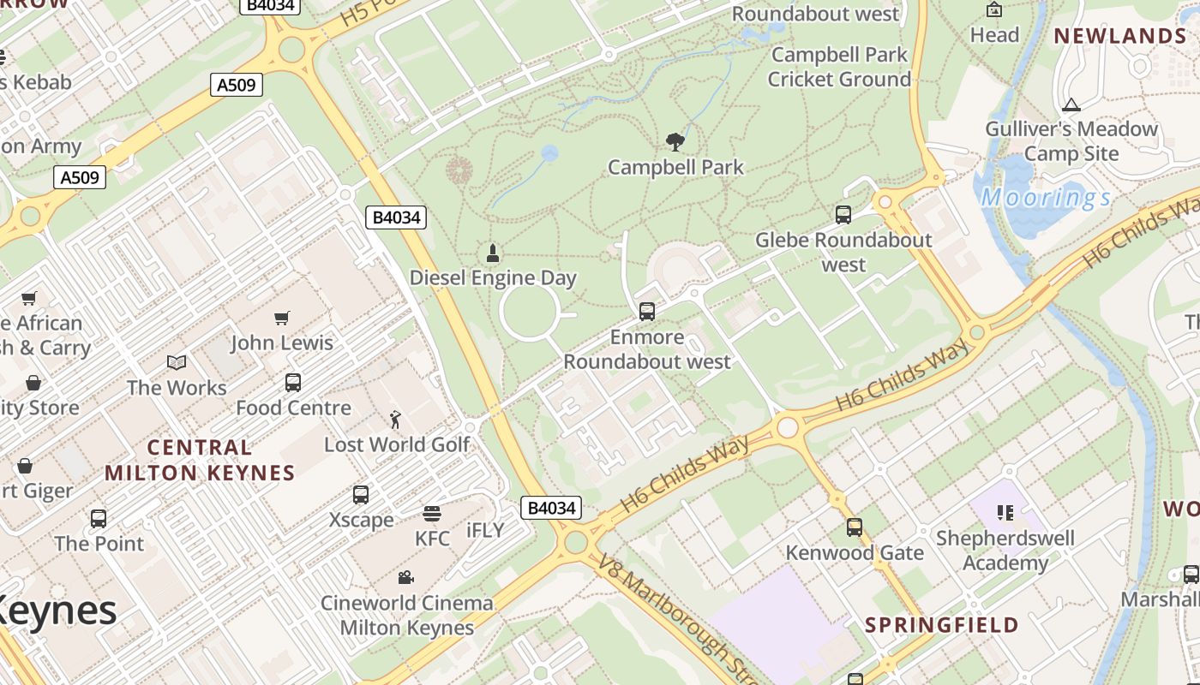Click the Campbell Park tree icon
click(675, 141)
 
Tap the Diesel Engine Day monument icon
click(493, 253)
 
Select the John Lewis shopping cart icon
click(282, 319)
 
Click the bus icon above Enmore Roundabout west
click(647, 312)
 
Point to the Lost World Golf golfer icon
click(395, 420)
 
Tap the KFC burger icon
click(432, 514)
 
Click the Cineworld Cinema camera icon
click(406, 578)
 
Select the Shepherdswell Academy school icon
click(1005, 513)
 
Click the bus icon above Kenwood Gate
click(854, 527)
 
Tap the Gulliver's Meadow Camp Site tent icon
click(1070, 105)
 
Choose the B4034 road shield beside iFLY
click(551, 508)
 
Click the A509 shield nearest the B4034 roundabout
click(237, 84)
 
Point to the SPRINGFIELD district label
click(941, 625)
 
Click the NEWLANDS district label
click(1119, 36)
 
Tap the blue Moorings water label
click(1046, 198)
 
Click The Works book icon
click(177, 363)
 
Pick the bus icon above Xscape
click(361, 495)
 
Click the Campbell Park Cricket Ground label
click(838, 67)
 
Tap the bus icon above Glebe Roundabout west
click(843, 215)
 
